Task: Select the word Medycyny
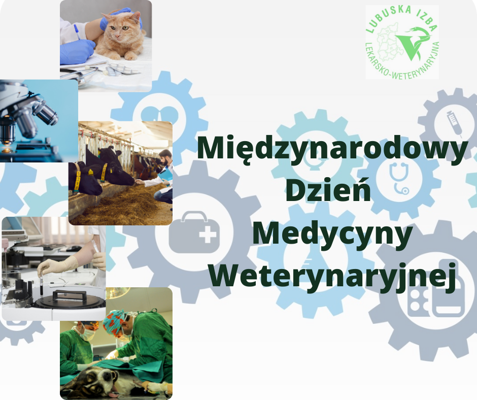pos(332,236)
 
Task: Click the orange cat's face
pos(121,28)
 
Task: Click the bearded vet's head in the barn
pos(165,158)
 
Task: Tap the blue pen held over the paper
pos(77,31)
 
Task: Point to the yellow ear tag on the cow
pos(91,172)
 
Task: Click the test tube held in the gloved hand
pos(40,280)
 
